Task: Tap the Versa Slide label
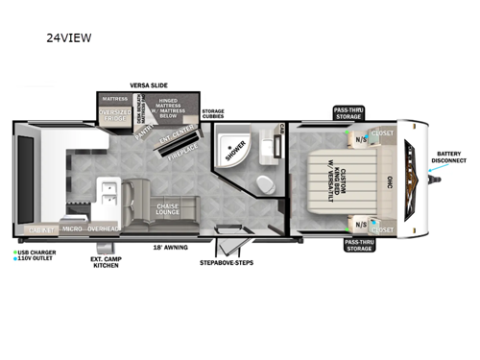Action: click(150, 85)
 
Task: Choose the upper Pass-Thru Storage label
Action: click(348, 113)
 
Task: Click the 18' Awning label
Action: click(169, 247)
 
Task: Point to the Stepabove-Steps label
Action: click(228, 261)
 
